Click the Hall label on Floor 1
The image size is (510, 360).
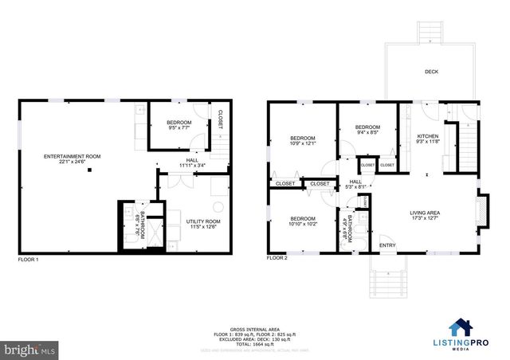[x=192, y=162]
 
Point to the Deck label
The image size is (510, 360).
[x=431, y=72]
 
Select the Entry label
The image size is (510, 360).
[x=387, y=245]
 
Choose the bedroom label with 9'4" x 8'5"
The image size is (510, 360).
[x=367, y=130]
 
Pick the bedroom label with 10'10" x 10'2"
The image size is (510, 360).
[x=303, y=221]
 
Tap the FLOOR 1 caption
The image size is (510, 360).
[x=28, y=259]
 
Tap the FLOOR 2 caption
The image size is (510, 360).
[x=277, y=259]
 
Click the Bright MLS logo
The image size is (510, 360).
[x=30, y=349]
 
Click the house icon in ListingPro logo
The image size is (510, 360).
[x=460, y=327]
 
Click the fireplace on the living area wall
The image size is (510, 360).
[x=481, y=209]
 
